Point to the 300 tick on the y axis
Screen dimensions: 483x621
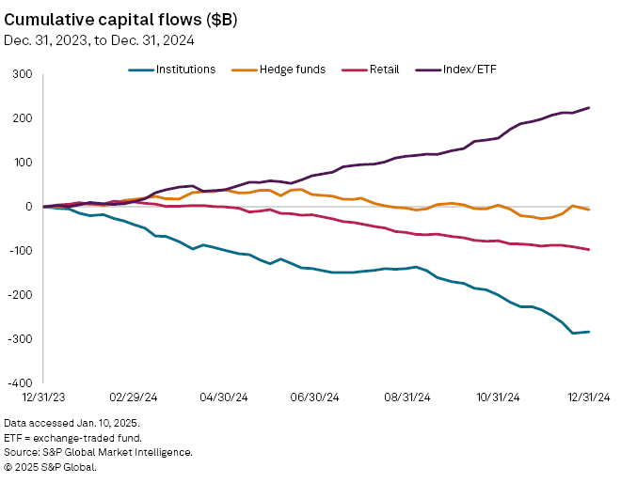coord(23,74)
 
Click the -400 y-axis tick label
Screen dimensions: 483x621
coord(19,382)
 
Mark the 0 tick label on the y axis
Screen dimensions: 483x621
coord(28,207)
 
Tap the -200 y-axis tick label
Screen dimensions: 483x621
coord(19,294)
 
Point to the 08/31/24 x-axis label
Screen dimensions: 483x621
coord(408,398)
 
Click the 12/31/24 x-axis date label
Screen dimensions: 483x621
coord(589,398)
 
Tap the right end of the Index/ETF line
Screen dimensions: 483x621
coord(589,107)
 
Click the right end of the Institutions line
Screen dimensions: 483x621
coord(589,332)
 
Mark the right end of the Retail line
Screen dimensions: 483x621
coord(589,250)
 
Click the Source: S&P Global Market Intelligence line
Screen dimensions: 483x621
coord(99,452)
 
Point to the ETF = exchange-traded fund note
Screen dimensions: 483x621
coord(74,438)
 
